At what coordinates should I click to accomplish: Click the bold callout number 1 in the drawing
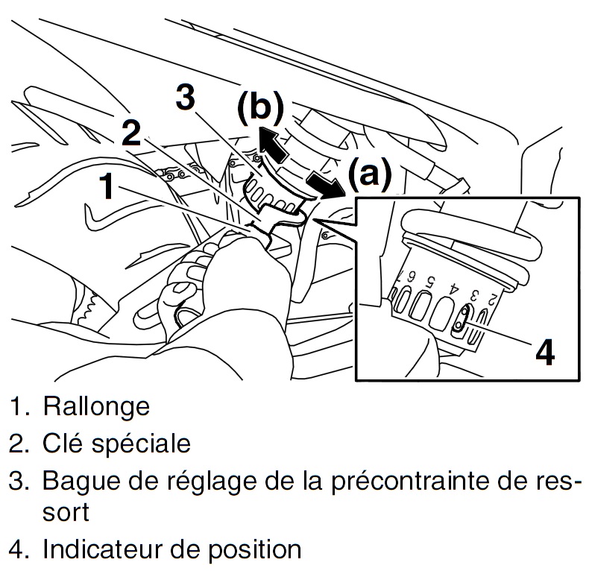coord(108,186)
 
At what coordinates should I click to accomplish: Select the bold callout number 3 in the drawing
coord(186,98)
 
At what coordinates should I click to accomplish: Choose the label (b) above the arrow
coord(260,107)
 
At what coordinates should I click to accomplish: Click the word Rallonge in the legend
coord(96,406)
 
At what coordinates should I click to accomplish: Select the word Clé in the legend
coord(63,444)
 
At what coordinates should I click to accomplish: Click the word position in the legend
coord(251,551)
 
